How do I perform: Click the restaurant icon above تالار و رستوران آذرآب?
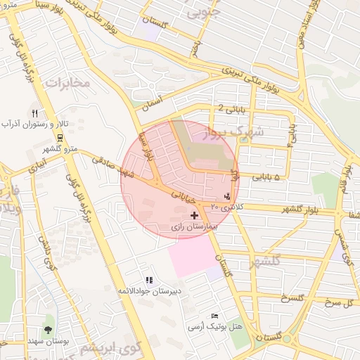click(34, 113)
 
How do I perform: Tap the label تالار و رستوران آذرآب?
click(34, 124)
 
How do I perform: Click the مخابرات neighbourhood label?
click(68, 82)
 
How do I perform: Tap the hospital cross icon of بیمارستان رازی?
click(194, 214)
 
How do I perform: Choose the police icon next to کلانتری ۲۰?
click(226, 196)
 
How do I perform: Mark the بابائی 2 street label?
click(231, 108)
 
